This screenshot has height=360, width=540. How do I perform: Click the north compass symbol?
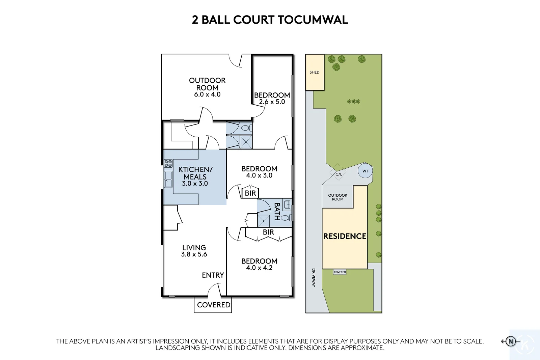[x=511, y=341]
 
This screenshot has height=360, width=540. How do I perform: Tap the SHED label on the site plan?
[x=314, y=72]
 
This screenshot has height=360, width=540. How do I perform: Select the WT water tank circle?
[x=365, y=171]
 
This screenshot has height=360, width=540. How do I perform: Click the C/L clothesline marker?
[x=339, y=174]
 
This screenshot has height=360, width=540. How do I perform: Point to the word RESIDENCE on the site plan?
[x=345, y=236]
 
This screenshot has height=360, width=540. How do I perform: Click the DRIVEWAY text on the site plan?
[x=313, y=277]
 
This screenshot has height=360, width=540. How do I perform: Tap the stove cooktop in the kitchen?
[x=168, y=164]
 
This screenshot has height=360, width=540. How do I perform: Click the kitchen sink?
[x=168, y=179]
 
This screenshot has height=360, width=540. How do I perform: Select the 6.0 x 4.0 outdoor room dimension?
[x=207, y=94]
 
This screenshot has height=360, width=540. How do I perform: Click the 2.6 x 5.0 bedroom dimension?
[x=272, y=102]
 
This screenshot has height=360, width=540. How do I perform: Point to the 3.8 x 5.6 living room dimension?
[x=194, y=254]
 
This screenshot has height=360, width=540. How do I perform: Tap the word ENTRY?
[x=213, y=275]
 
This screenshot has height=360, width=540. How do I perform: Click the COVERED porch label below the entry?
[x=213, y=305]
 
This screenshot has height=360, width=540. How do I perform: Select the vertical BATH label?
[x=277, y=212]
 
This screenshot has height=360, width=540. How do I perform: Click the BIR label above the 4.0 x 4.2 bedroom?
[x=268, y=232]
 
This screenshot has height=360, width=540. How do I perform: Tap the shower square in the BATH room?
[x=264, y=221]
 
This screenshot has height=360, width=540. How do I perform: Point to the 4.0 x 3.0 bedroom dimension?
[x=259, y=175]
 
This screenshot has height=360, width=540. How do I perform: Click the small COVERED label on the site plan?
[x=340, y=272]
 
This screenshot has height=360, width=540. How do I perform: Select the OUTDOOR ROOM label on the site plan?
[x=337, y=197]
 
